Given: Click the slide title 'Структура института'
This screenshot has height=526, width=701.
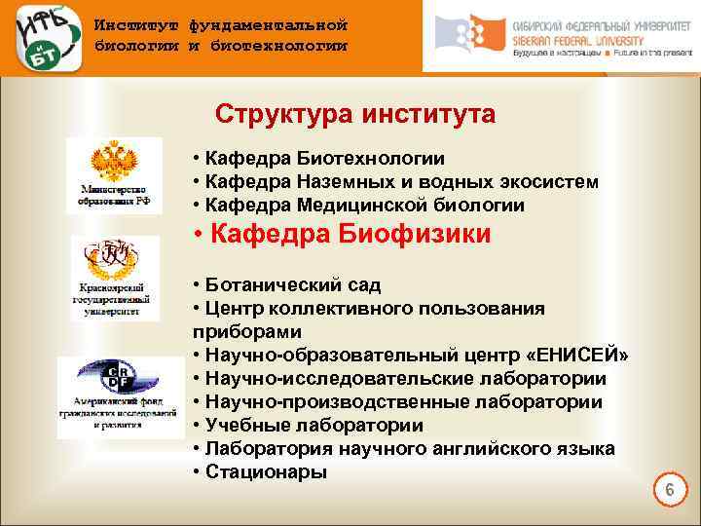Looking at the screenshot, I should [x=355, y=115].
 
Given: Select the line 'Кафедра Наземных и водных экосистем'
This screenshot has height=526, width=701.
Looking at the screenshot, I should [x=395, y=182].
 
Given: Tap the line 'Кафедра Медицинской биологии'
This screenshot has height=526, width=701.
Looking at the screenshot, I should [x=358, y=206].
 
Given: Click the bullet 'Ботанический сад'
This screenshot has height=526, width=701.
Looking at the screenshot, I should [x=286, y=285].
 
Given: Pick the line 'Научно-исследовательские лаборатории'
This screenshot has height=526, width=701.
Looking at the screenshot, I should [x=399, y=379].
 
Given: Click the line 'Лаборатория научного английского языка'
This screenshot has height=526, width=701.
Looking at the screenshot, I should [x=403, y=449].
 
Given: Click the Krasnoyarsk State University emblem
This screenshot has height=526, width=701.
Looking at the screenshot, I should [x=114, y=260].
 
